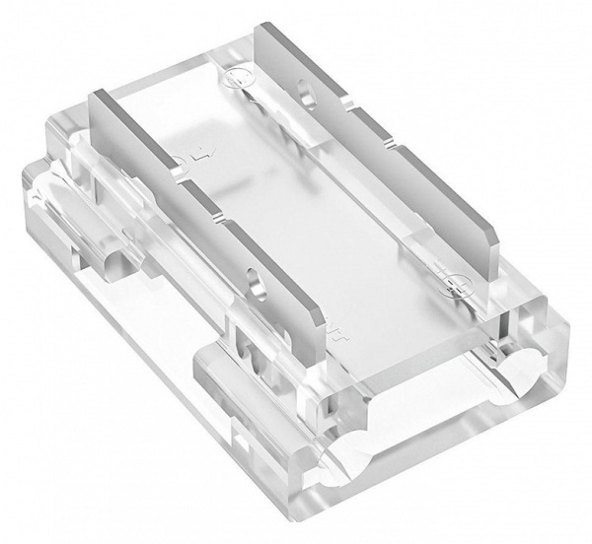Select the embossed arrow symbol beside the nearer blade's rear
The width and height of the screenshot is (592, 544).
tap(204, 154)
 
